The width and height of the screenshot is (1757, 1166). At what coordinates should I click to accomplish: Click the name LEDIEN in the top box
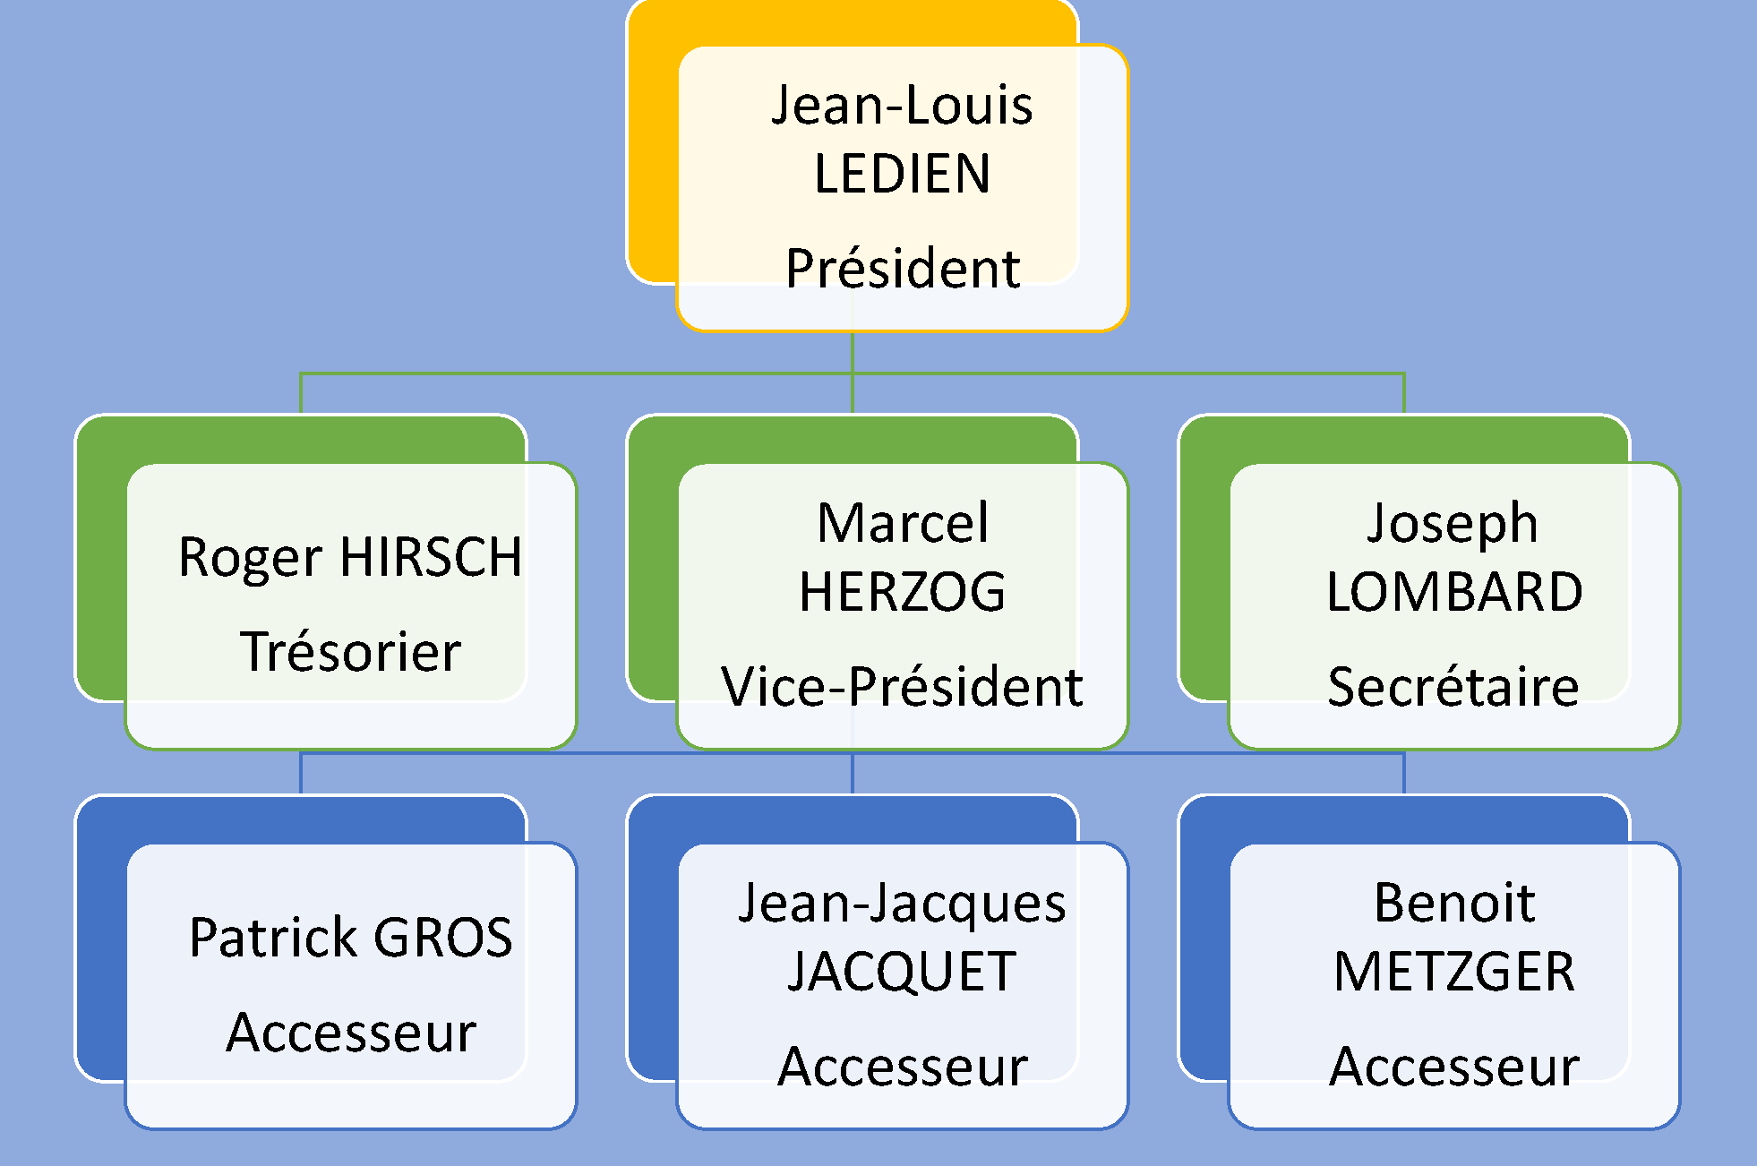902,174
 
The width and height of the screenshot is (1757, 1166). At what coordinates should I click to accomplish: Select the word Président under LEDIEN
903,268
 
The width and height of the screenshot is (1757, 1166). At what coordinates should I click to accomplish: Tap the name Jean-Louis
902,105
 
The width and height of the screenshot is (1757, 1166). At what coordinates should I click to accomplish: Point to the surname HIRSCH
431,557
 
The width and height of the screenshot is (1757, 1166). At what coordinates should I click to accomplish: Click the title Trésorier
351,651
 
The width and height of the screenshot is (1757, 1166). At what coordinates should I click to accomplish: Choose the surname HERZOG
903,592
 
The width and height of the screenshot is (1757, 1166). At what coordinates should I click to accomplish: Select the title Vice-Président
903,687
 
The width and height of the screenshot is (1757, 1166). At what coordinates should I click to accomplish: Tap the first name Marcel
903,523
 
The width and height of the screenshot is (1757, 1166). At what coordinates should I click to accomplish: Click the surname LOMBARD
1454,592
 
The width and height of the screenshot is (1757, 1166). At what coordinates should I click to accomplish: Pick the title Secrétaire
1453,687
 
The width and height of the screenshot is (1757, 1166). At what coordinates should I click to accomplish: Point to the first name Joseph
1453,523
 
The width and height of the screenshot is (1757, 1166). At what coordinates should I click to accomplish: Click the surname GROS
443,938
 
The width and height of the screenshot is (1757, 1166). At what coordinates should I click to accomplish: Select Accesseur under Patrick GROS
351,1033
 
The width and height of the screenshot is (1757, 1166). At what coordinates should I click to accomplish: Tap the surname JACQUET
902,973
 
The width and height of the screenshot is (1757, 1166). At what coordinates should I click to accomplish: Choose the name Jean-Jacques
903,903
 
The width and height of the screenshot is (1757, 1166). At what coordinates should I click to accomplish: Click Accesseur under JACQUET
903,1067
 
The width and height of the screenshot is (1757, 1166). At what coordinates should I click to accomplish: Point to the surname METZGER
1454,973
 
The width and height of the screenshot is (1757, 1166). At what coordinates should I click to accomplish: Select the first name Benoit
1454,903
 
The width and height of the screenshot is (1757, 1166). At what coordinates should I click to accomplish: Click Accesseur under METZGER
1454,1067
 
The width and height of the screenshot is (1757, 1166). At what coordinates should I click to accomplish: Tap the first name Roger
251,557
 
